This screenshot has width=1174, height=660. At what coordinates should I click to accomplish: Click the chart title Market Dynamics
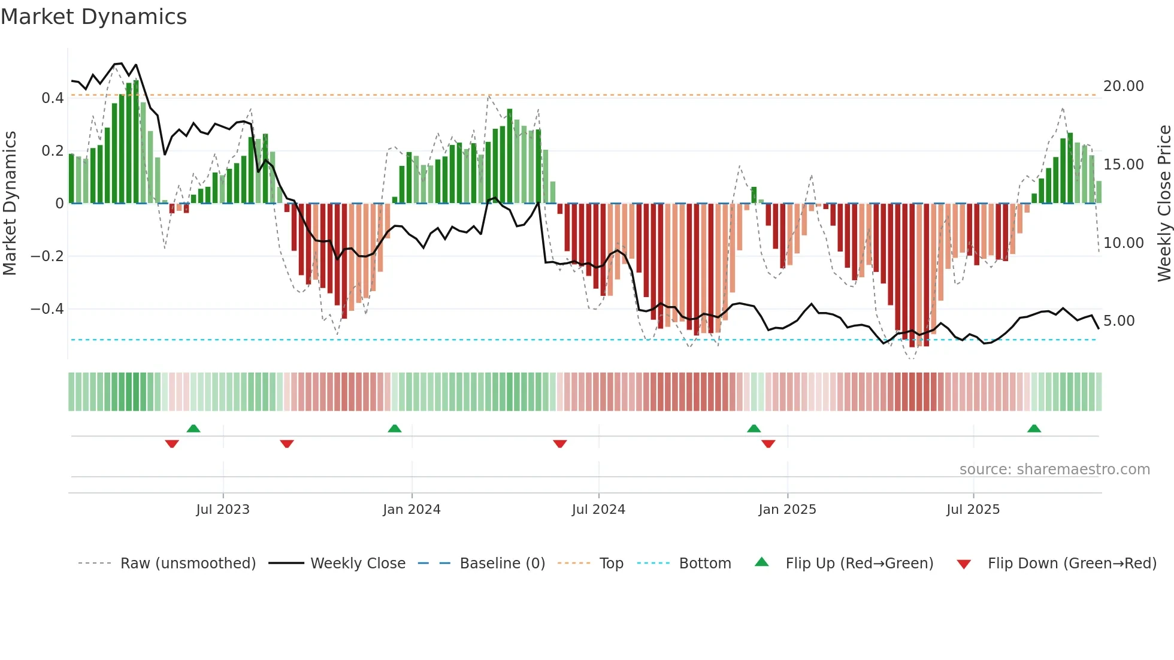point(93,17)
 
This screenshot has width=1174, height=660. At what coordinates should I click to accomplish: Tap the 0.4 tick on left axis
point(53,98)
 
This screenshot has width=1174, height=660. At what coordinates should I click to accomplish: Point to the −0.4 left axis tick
point(47,309)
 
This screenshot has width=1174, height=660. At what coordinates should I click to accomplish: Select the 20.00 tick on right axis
point(1123,86)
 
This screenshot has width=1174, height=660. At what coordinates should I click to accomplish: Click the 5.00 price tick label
point(1119,321)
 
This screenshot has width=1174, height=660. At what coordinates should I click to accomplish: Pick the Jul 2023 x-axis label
point(223,510)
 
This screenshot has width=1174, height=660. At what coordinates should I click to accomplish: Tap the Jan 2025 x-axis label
point(787,510)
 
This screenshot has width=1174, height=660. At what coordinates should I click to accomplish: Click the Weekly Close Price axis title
point(1164,203)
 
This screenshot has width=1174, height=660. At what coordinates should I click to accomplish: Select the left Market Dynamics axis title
point(10,203)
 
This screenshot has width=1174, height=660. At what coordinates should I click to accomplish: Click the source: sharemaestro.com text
point(1054,470)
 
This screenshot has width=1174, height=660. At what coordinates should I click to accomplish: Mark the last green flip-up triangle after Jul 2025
point(1034,429)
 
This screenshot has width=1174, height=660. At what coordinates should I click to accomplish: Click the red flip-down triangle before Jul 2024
point(560,444)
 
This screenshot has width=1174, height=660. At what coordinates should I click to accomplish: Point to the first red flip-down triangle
point(172,444)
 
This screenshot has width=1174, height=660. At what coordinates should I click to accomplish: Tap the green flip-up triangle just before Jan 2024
point(394,429)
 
